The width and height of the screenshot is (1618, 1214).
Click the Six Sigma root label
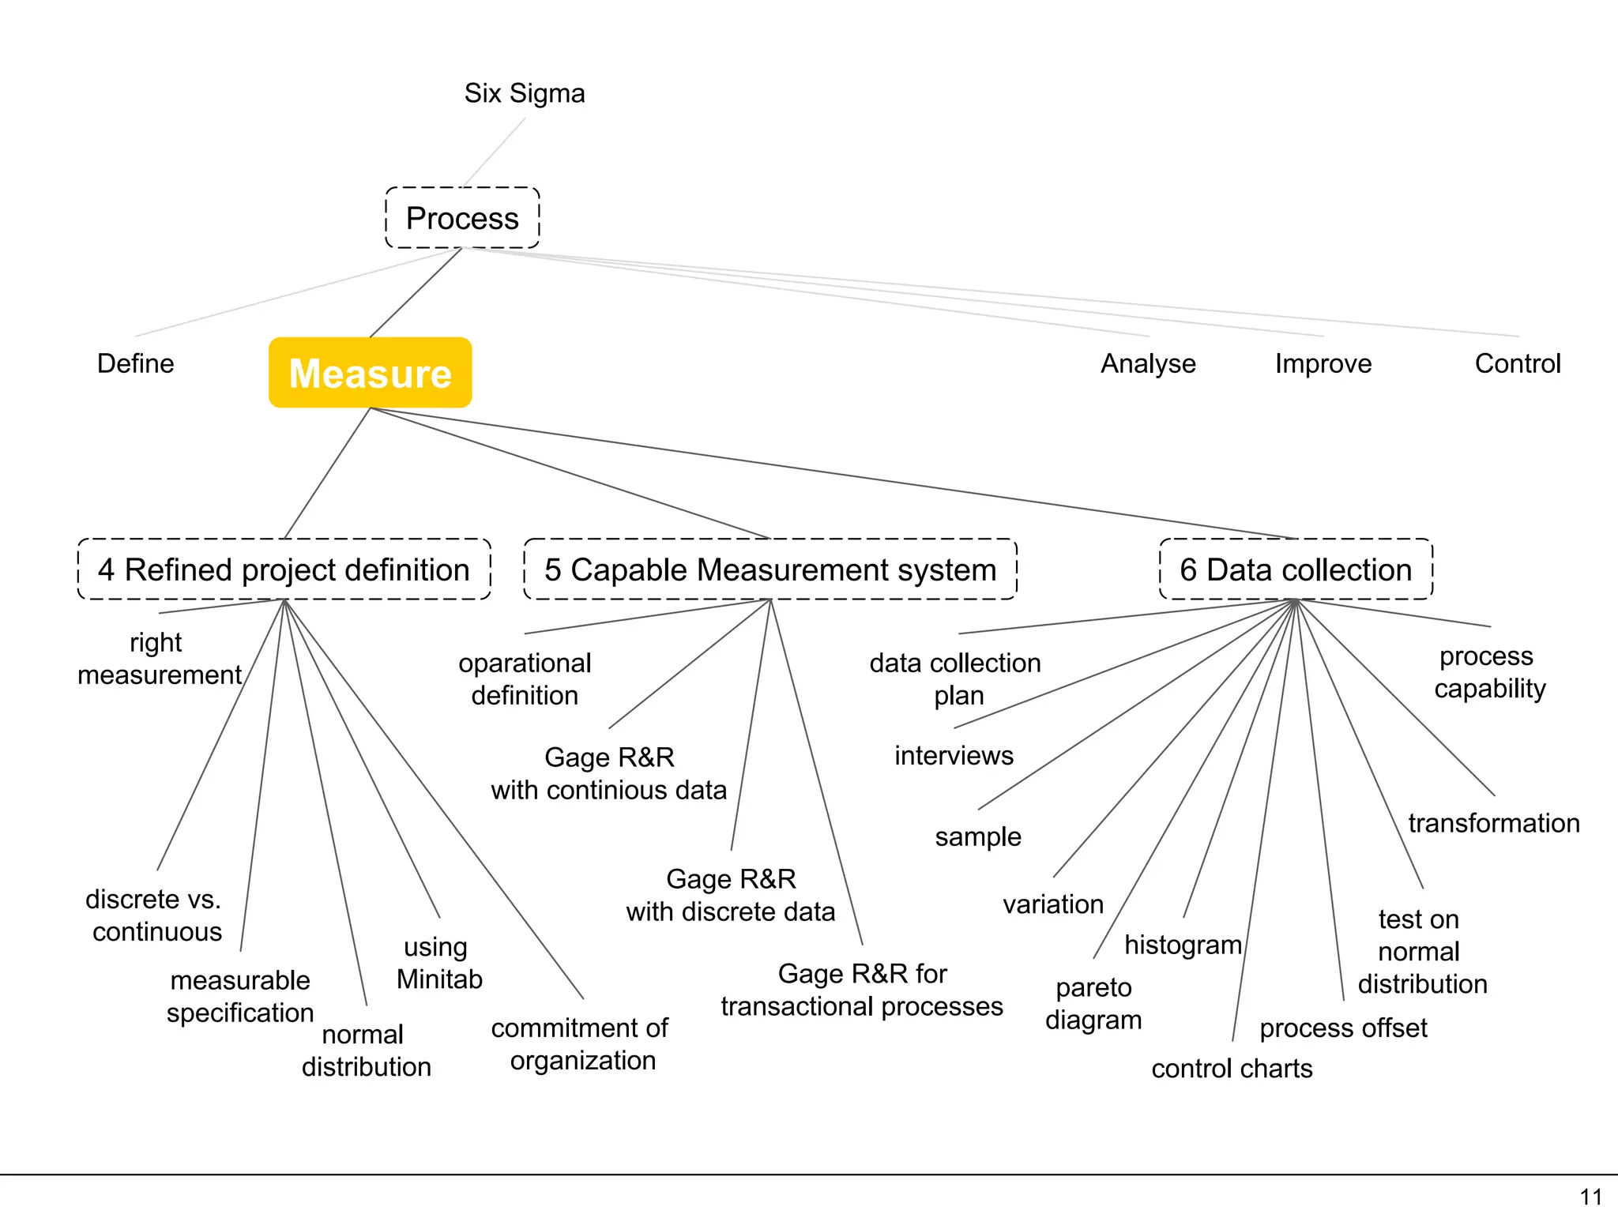[525, 93]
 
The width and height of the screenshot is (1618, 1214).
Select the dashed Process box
[462, 218]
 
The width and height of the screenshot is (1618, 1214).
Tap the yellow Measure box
[370, 373]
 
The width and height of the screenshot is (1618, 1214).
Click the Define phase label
[135, 363]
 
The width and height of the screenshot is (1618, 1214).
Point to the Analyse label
[1148, 363]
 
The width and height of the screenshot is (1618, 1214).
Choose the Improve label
[1323, 363]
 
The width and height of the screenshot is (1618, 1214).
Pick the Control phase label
[1518, 363]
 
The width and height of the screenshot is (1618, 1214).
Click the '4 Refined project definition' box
[284, 569]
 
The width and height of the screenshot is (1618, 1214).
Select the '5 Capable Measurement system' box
[770, 569]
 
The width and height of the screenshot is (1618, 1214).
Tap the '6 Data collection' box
[1296, 569]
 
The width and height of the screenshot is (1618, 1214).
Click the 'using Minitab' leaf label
[438, 963]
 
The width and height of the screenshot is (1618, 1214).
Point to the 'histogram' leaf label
[1183, 945]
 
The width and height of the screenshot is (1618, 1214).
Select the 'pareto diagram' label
[1093, 1004]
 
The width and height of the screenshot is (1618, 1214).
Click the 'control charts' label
[1232, 1069]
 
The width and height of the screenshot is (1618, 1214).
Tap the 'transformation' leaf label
[1494, 823]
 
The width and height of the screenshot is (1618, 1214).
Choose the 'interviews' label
[954, 756]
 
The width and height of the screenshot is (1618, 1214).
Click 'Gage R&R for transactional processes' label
[862, 990]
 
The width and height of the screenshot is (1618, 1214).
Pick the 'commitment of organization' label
[581, 1044]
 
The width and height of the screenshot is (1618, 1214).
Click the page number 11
[1591, 1197]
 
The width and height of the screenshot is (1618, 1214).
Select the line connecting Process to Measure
[416, 293]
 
